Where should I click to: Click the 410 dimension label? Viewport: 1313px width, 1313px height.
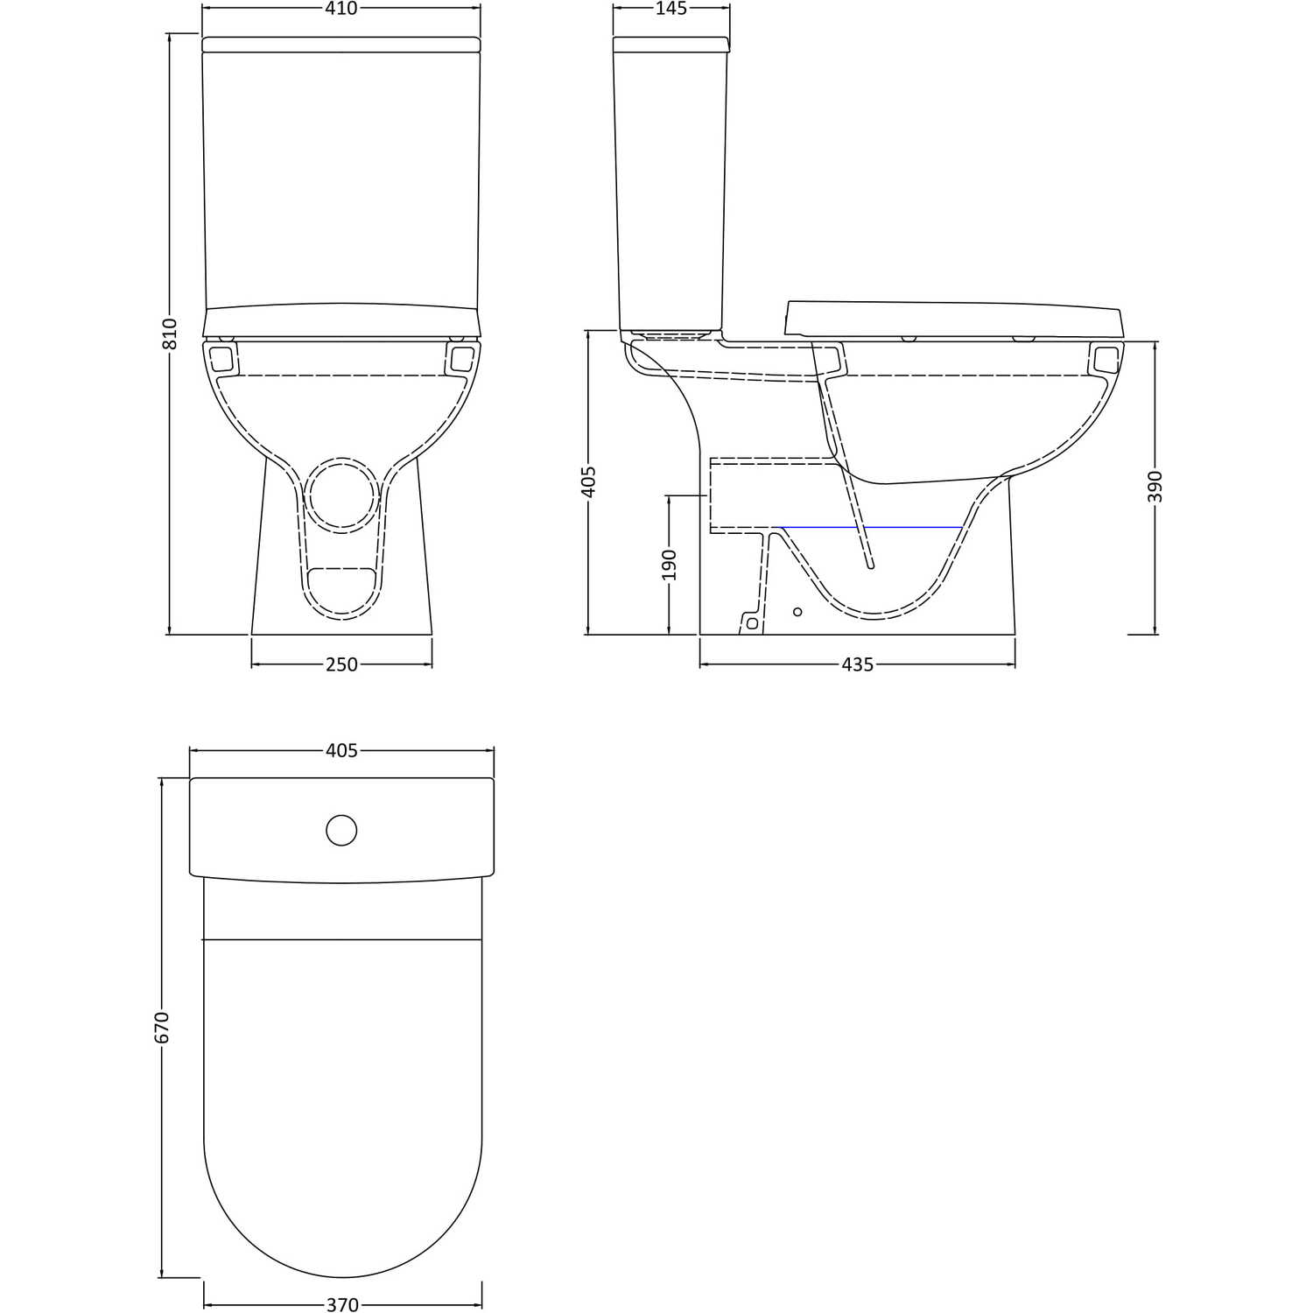(341, 9)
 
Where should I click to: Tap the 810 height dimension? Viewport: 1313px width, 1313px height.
(170, 334)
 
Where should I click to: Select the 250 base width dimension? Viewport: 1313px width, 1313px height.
(341, 664)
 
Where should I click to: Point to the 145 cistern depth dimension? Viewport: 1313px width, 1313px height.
(671, 9)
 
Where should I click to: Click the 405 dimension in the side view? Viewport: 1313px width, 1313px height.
(588, 481)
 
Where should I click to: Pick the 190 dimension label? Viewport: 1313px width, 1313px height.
(670, 565)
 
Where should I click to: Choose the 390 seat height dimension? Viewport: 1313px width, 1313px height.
(1155, 487)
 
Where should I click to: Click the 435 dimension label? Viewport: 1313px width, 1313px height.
(858, 664)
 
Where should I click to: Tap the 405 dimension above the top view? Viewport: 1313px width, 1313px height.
(341, 751)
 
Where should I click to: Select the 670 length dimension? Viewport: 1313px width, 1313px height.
(162, 1028)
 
